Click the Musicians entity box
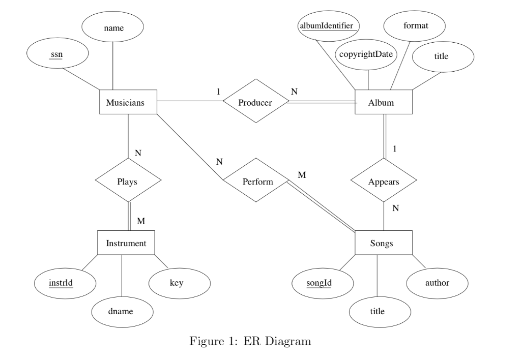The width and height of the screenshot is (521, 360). tap(126, 103)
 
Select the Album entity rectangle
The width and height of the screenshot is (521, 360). tap(383, 103)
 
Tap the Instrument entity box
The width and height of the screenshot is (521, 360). tap(126, 243)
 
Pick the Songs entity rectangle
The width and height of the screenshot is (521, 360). tap(383, 244)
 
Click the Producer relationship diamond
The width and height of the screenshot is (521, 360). tap(255, 102)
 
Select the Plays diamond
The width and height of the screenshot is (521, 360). tap(127, 181)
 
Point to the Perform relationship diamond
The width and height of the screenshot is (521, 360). tap(255, 181)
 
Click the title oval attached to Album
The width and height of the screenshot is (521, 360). tap(442, 56)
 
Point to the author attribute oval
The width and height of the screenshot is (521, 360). tap(436, 283)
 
